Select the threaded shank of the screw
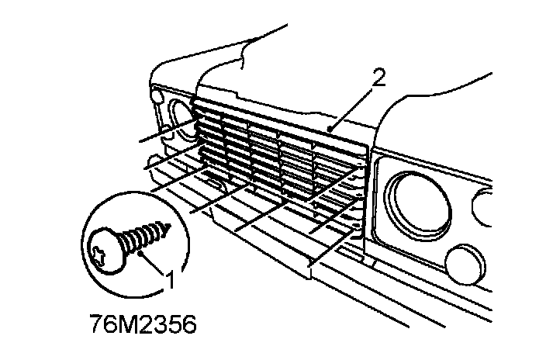143,235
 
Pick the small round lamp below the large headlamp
463,261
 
